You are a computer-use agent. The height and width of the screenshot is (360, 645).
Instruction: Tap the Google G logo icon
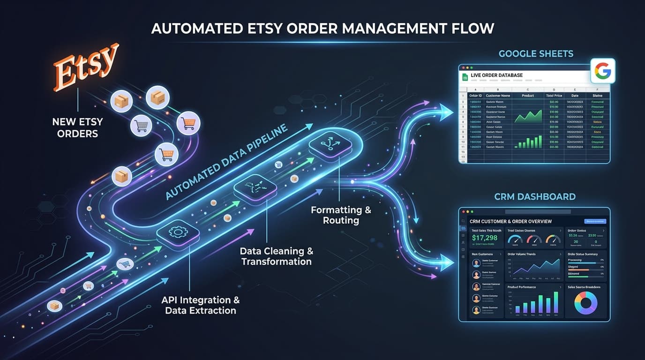pyautogui.click(x=602, y=71)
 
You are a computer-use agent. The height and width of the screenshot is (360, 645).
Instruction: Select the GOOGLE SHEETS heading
pyautogui.click(x=536, y=53)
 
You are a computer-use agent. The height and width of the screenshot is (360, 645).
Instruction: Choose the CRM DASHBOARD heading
pyautogui.click(x=535, y=197)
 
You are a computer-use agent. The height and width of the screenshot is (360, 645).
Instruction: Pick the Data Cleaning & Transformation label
pyautogui.click(x=277, y=256)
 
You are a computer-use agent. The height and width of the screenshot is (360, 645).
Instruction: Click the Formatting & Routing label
pyautogui.click(x=341, y=215)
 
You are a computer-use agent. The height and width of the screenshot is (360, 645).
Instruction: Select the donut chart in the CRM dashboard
pyautogui.click(x=585, y=303)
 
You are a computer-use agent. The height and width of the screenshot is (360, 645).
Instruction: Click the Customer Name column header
pyautogui.click(x=498, y=95)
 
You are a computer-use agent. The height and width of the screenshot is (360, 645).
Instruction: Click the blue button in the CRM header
pyautogui.click(x=595, y=221)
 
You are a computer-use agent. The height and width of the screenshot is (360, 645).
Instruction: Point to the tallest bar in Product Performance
pyautogui.click(x=556, y=302)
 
